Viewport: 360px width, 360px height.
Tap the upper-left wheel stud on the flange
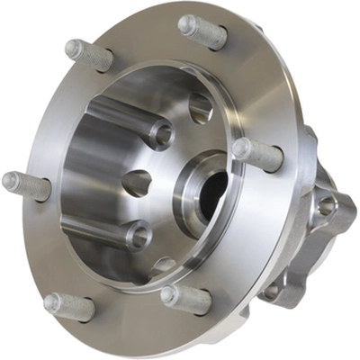click(88, 55)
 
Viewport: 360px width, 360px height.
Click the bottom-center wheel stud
click(185, 298)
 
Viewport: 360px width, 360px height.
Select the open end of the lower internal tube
click(137, 237)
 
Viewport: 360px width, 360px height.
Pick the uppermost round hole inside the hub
click(200, 107)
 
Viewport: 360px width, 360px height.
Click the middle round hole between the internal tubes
click(135, 183)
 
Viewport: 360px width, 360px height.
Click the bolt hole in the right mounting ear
click(327, 206)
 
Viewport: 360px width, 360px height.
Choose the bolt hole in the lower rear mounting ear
click(270, 290)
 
